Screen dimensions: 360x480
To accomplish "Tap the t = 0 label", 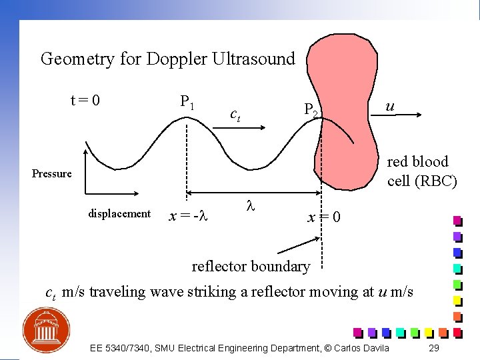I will tap(85, 101).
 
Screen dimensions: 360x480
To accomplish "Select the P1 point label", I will tap(187, 102).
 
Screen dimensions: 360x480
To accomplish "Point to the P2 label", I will tap(313, 109).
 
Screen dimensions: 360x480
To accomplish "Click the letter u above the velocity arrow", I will tap(390, 107).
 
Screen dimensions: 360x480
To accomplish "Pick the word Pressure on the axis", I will tap(52, 173).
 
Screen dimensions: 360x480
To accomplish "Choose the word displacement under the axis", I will tap(119, 213).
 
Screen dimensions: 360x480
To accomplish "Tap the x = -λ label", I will tap(189, 216).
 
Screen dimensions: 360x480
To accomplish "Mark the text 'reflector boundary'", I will tap(251, 266).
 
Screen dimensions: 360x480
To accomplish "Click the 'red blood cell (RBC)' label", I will tap(422, 171).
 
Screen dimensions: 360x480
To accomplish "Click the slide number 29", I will tap(433, 348).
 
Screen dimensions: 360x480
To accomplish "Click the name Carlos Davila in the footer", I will tap(361, 348).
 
